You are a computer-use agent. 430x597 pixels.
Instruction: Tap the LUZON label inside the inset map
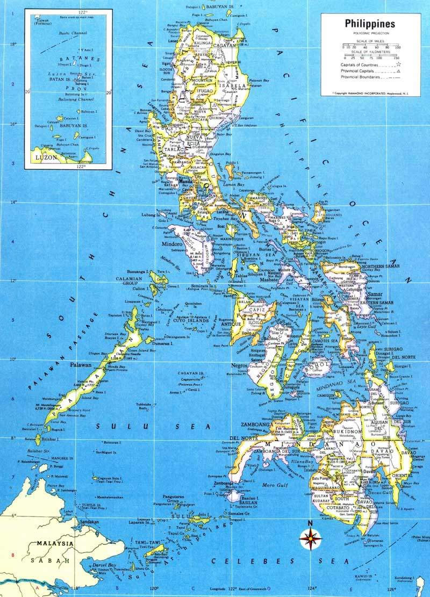(45, 160)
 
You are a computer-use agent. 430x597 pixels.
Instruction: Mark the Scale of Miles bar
(368, 46)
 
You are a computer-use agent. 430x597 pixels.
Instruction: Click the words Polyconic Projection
(368, 33)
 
